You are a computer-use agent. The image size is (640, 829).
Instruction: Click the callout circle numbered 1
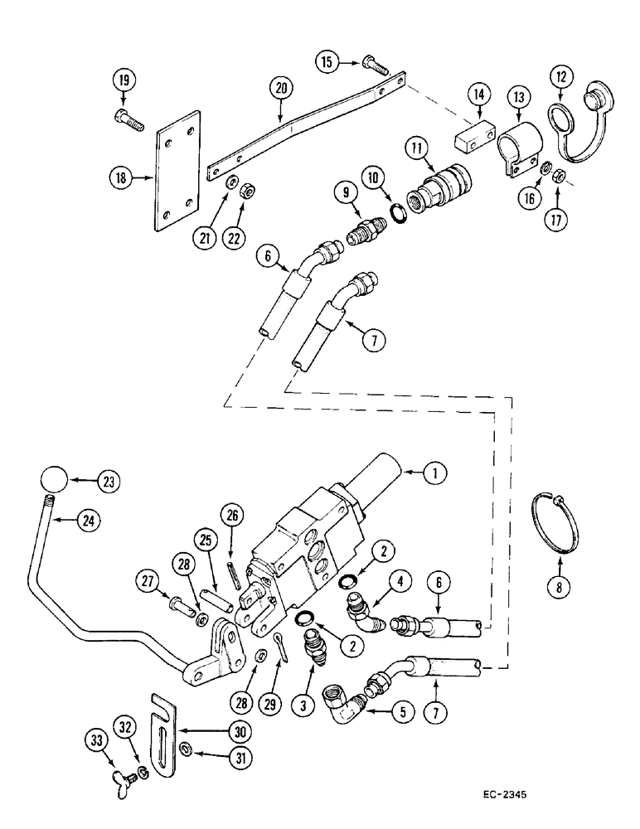click(x=434, y=473)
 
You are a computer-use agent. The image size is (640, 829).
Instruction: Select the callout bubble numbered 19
click(x=123, y=81)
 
